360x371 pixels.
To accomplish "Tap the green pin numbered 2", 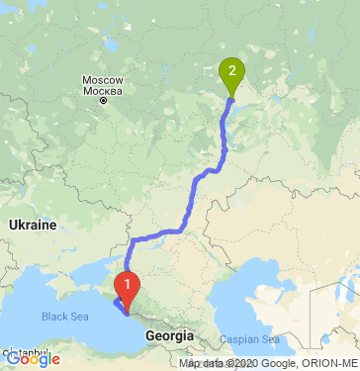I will click(231, 72).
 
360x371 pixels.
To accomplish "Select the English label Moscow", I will click(101, 79).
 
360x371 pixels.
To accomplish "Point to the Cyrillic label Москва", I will click(101, 90).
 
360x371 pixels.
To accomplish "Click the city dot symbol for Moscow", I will click(102, 100).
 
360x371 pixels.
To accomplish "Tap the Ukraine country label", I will click(33, 226).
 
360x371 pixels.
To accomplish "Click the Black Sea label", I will click(64, 318).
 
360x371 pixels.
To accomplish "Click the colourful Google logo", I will click(34, 360).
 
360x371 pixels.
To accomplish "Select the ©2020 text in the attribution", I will click(243, 364).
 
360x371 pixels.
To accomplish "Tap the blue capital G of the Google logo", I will click(13, 360).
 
